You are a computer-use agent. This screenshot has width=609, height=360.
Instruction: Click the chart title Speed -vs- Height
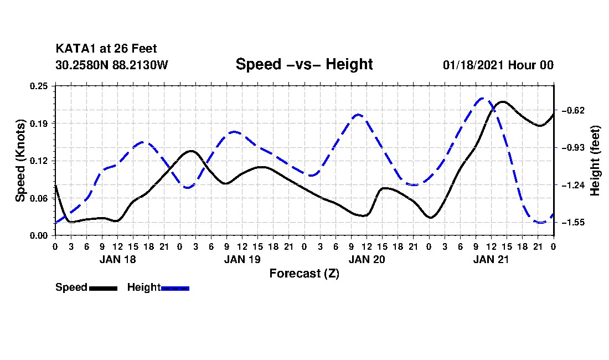pos(304,64)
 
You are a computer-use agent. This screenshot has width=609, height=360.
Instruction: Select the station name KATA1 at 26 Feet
pos(106,49)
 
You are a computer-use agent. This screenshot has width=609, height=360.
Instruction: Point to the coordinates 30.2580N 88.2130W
pos(112,65)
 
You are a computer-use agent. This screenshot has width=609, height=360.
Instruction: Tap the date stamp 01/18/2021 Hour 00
pos(498,65)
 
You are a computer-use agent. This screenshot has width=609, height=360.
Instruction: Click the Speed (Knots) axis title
pos(20,161)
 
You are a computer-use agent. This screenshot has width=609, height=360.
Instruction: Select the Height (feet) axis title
pos(595,161)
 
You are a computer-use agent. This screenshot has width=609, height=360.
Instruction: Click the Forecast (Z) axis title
pos(304,274)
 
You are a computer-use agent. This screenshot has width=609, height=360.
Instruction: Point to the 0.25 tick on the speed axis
pos(39,86)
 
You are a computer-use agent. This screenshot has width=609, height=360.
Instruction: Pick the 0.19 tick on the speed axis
pos(39,124)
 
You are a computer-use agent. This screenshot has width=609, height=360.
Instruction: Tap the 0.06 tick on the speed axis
pos(39,198)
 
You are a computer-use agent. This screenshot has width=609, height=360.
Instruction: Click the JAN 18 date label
pos(118,259)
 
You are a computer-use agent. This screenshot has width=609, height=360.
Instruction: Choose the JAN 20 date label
pos(367,259)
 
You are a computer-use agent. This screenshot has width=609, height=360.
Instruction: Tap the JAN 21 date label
pos(491,259)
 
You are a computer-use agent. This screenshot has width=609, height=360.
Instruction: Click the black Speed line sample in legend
pos(103,288)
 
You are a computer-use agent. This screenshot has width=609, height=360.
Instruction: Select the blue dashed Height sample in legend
pos(175,288)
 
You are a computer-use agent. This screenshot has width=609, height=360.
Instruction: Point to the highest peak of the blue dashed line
pos(482,99)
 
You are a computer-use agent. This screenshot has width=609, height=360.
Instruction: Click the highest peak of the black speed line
pos(503,102)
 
